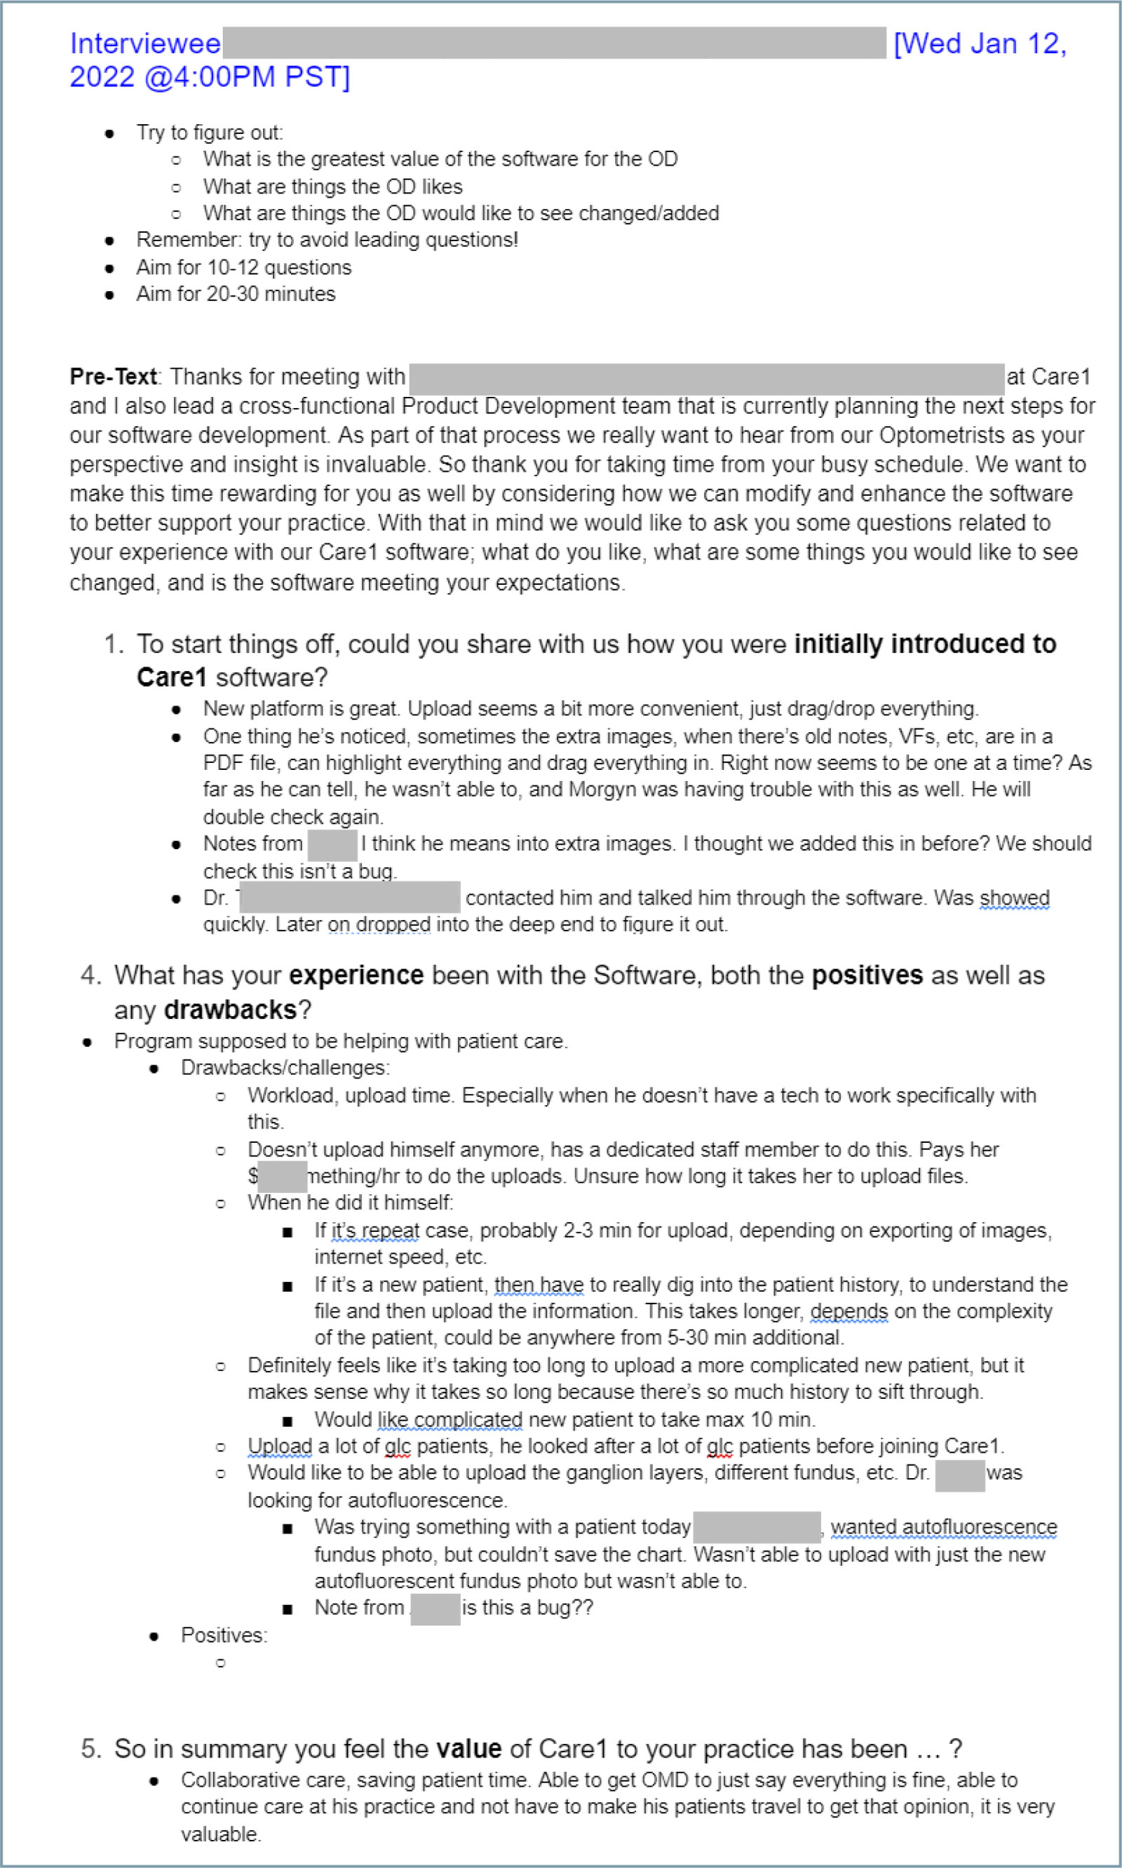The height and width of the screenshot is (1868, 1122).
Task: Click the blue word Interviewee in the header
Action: tap(145, 44)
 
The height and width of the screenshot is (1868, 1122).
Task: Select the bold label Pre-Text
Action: tap(113, 377)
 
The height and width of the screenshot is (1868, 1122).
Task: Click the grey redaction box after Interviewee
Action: tap(554, 43)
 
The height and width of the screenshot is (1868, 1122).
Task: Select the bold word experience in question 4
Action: tap(356, 975)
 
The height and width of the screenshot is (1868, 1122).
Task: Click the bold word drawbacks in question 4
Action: tap(230, 1010)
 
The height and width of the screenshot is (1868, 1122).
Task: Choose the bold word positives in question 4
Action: tap(867, 975)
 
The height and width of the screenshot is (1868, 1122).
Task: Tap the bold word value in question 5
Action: tap(468, 1749)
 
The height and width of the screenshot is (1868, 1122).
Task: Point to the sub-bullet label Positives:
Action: tap(224, 1635)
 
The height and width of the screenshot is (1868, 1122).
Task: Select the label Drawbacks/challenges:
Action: tap(285, 1067)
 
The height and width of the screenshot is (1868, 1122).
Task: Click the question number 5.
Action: tap(89, 1749)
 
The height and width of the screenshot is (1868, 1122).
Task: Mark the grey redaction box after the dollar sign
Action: tap(281, 1177)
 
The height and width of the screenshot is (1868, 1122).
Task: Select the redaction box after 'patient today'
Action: tap(756, 1527)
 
